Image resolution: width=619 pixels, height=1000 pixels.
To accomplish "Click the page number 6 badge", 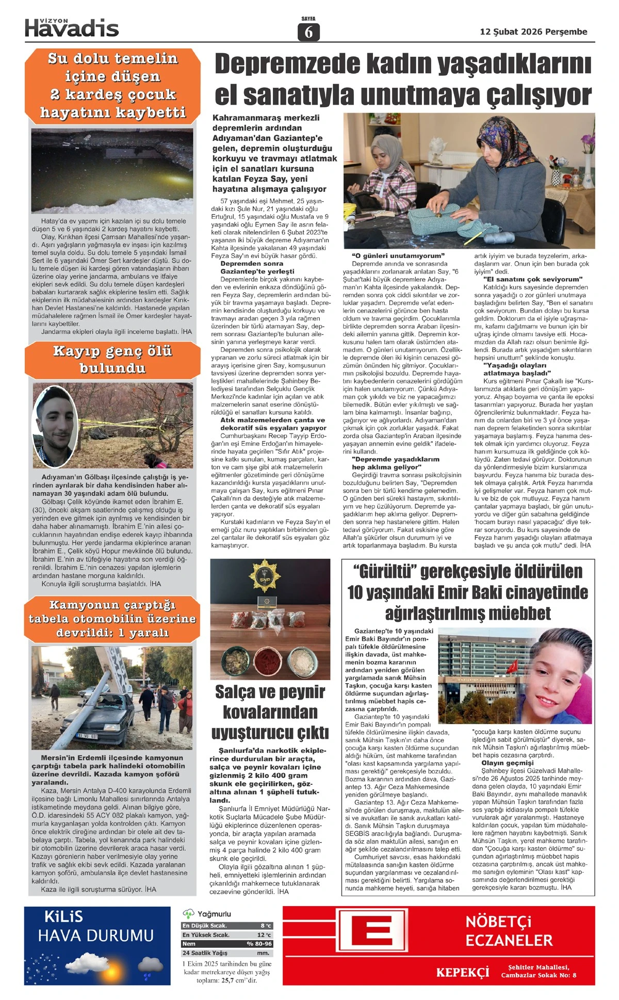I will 308,32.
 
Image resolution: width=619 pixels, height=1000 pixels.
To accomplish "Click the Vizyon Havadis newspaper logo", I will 72,27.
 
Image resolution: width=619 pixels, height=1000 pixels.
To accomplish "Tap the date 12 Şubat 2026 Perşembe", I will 533,31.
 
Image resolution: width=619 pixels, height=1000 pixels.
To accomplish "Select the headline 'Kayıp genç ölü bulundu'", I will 112,360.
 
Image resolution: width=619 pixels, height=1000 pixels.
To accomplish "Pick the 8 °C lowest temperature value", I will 266,926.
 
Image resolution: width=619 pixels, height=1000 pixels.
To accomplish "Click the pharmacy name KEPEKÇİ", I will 463,972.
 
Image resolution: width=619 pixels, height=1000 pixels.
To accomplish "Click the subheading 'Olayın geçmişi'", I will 507,763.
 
